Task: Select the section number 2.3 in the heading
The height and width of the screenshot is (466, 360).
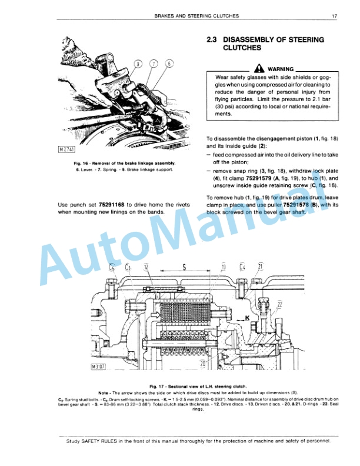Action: click(212, 40)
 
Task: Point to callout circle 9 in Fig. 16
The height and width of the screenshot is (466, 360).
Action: click(138, 64)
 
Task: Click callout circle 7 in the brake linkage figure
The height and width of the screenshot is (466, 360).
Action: click(154, 64)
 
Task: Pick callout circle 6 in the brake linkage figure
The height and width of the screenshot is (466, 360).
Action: click(169, 64)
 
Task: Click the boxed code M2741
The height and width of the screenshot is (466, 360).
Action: click(66, 149)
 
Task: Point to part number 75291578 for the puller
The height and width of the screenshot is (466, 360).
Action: click(288, 205)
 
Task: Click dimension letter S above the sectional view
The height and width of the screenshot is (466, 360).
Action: click(184, 267)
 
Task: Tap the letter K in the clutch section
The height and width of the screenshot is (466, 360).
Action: click(248, 317)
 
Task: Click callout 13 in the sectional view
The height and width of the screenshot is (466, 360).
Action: click(224, 267)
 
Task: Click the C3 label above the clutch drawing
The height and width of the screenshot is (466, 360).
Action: click(128, 267)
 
